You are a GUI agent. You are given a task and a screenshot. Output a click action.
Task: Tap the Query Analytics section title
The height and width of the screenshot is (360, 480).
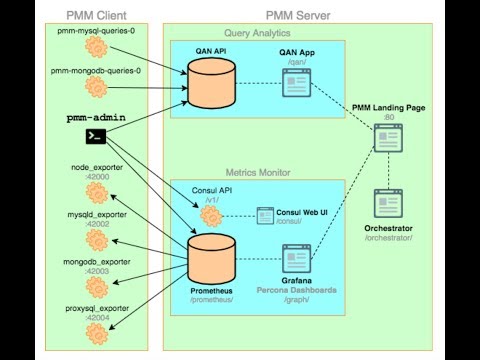coord(262,33)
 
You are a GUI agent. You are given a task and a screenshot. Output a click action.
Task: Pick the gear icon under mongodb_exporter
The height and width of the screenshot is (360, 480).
coord(95,255)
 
